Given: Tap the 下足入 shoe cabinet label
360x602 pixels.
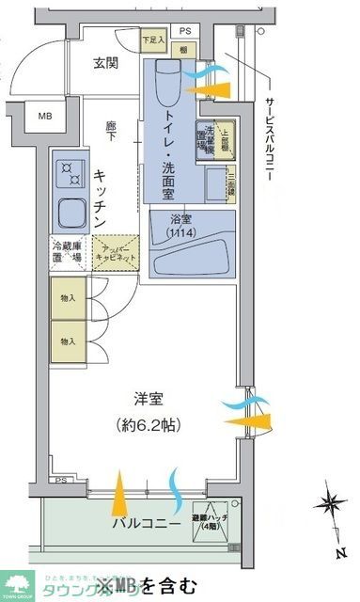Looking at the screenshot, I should [153, 40].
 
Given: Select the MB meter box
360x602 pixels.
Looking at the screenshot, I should [45, 117].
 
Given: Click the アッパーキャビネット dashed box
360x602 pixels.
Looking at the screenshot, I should [116, 253].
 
